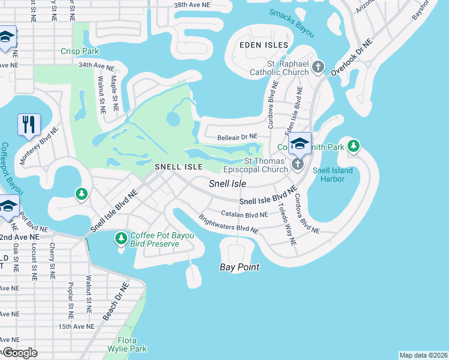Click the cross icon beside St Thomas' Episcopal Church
pos(297,164)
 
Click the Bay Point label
pos(239,267)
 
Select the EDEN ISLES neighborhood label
pos(264,46)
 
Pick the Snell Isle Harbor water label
pos(333,175)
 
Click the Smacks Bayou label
pos(292,22)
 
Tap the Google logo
pos(20,353)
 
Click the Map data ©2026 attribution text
pos(423,355)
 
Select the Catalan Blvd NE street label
pos(244,214)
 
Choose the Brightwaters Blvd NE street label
pos(228,224)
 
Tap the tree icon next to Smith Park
pos(354,146)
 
